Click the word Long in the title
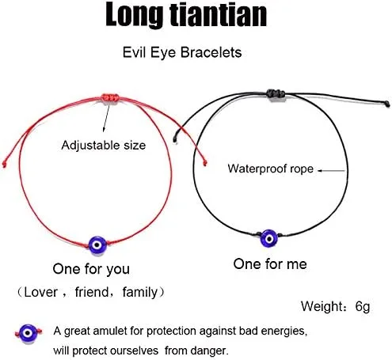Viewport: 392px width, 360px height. tap(134, 15)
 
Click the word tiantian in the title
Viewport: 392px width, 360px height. tap(218, 14)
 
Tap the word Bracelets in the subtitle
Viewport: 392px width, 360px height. tap(211, 52)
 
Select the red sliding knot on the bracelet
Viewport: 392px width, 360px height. tap(110, 98)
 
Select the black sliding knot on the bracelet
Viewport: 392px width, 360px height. tap(276, 93)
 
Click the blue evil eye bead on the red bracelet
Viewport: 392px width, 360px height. tap(97, 245)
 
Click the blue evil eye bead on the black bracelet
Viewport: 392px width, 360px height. tap(269, 239)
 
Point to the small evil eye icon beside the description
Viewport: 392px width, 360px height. tap(28, 333)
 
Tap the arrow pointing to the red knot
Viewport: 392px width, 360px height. tap(106, 116)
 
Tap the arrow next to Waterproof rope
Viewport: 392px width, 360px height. tap(331, 170)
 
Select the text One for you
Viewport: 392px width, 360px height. tap(91, 269)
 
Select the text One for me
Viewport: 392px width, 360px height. tap(270, 264)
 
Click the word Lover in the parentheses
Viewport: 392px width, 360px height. tap(40, 292)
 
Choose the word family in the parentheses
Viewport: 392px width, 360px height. tap(139, 293)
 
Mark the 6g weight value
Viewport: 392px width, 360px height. tap(363, 306)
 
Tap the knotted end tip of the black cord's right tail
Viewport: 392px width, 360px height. tap(387, 104)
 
